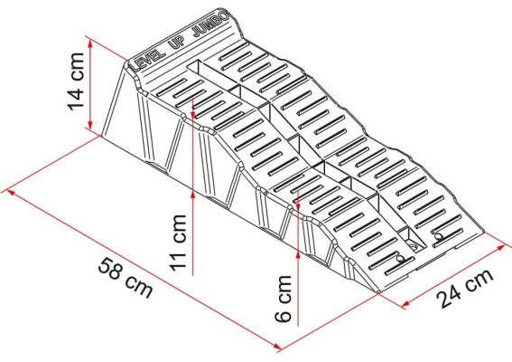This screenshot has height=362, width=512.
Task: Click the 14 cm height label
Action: pyautogui.click(x=76, y=81)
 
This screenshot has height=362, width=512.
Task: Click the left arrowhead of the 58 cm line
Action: pyautogui.click(x=8, y=190)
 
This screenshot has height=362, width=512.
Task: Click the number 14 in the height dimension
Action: pyautogui.click(x=76, y=94)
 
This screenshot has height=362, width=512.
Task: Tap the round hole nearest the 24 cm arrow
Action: pyautogui.click(x=439, y=237)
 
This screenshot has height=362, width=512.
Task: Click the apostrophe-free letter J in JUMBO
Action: pyautogui.click(x=206, y=29)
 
